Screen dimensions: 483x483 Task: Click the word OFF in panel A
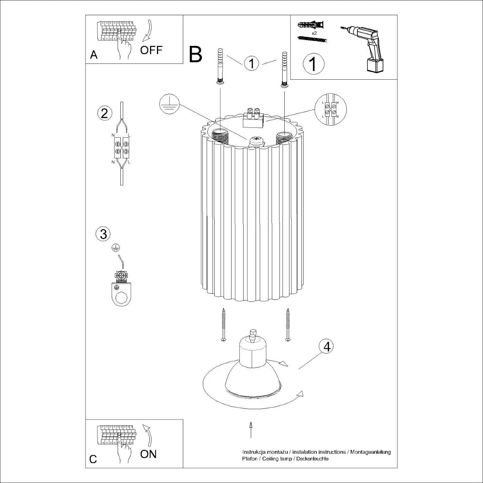tap(151, 50)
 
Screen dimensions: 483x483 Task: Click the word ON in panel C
tap(148, 454)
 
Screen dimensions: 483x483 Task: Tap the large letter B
tap(195, 55)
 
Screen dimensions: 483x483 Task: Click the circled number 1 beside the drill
tap(313, 64)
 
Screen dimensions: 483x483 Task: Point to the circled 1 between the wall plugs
tap(252, 63)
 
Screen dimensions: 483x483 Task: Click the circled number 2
tap(105, 114)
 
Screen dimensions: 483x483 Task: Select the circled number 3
tap(103, 234)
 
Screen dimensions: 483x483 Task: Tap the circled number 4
tap(326, 346)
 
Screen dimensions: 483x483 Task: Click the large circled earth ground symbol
tap(169, 105)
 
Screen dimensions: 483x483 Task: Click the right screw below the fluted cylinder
tap(288, 325)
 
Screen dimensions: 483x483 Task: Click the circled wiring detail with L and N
tap(331, 109)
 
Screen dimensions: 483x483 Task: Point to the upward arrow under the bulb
tap(251, 430)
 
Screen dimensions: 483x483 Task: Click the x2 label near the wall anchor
tap(314, 33)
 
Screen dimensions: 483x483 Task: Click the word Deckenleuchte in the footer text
tap(312, 459)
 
